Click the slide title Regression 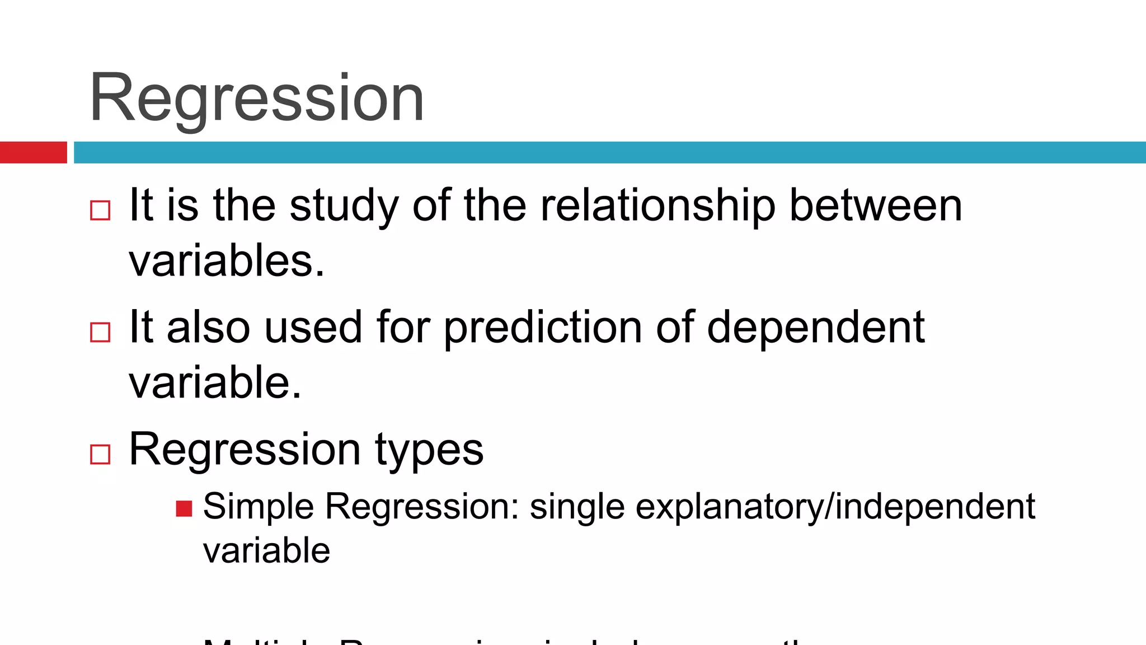coord(256,99)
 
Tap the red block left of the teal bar coord(33,152)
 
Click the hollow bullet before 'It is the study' coord(100,211)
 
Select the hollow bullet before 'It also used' coord(100,332)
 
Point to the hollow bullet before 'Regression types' coord(100,454)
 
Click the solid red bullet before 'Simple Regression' coord(184,508)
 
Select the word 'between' coord(876,206)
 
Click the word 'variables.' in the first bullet coord(227,261)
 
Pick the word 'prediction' coord(542,328)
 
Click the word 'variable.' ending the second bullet coord(215,383)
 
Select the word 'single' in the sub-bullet coord(577,507)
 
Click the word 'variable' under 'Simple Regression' coord(266,551)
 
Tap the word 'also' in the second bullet coord(208,328)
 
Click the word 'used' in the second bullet coord(313,328)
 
